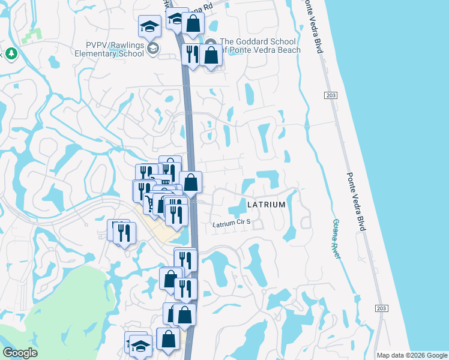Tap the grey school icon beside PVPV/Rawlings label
[152, 48]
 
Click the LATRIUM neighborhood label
[266, 205]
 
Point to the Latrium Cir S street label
[231, 223]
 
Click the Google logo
[20, 353]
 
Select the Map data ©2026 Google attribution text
[411, 355]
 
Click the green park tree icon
[11, 53]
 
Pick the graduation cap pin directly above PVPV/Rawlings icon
[149, 26]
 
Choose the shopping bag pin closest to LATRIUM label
[190, 182]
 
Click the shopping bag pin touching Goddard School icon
[211, 56]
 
